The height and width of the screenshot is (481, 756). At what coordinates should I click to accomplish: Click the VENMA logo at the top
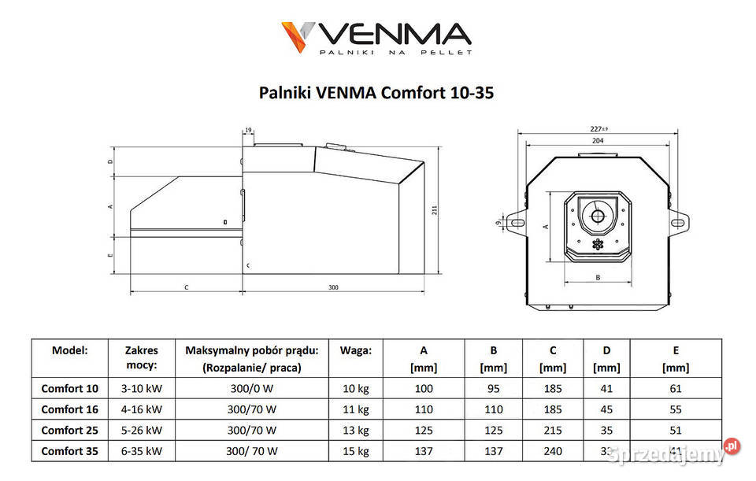(376, 37)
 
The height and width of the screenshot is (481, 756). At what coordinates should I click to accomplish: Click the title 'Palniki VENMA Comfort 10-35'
(376, 93)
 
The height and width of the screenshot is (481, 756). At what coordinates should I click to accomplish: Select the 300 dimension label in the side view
(333, 287)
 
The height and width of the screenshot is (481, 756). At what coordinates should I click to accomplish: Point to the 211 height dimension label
(434, 209)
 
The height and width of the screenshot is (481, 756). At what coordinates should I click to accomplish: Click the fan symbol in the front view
(597, 244)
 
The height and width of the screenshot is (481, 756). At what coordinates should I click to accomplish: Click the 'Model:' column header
(69, 350)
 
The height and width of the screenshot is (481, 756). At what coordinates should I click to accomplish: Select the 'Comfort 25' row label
(70, 431)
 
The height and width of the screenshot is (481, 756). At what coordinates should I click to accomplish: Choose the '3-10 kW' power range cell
(141, 388)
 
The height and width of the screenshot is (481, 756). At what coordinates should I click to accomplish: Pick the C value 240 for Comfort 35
(553, 451)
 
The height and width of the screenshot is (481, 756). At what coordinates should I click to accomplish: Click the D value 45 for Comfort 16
(606, 409)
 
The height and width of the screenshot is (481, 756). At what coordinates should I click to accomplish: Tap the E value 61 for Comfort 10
(676, 388)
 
